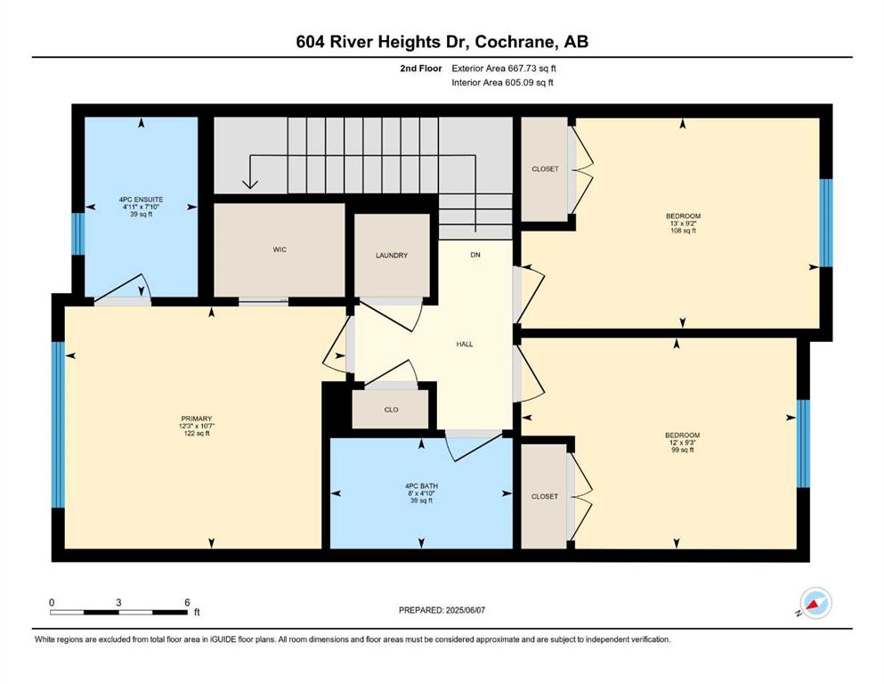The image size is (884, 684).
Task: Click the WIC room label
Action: [280, 249]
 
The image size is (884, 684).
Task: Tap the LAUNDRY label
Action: [392, 256]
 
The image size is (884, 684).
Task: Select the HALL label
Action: [465, 344]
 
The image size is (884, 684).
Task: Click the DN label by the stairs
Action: [475, 255]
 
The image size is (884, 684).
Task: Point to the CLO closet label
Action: [392, 410]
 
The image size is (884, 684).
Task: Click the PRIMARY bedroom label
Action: [196, 419]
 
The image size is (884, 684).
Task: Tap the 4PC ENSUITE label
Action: [141, 199]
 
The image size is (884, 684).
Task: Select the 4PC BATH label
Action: [421, 486]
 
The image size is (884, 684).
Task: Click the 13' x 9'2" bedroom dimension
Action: [683, 224]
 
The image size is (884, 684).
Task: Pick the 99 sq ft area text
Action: [682, 450]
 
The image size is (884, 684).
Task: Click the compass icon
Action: [815, 603]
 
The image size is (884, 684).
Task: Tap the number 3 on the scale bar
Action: [118, 602]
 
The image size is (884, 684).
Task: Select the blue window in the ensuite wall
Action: [77, 233]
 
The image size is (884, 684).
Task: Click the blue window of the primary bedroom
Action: [58, 425]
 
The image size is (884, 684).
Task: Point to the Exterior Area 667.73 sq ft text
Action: [504, 69]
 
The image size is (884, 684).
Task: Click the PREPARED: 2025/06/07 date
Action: [442, 610]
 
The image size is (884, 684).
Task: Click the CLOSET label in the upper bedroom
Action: [545, 169]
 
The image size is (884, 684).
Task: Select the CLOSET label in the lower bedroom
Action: [545, 497]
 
